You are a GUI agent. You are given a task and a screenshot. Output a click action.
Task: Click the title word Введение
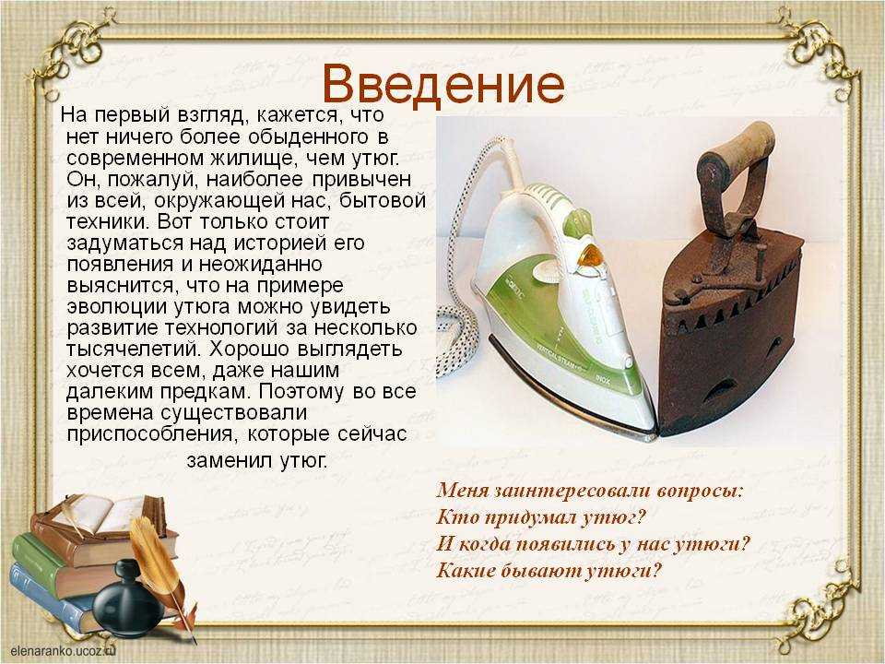(x=444, y=85)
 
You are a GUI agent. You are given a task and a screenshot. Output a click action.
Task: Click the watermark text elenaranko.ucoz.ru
(x=63, y=650)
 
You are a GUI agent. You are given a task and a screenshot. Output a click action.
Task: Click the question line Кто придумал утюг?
(x=540, y=516)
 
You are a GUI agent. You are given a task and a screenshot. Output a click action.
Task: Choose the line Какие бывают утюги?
(x=548, y=570)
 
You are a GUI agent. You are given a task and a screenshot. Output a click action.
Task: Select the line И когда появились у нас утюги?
(x=593, y=543)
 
